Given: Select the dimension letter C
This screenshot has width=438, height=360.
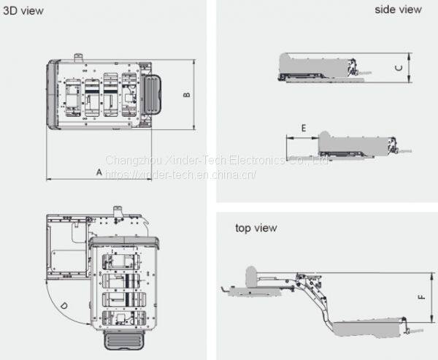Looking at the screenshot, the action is pyautogui.click(x=399, y=68).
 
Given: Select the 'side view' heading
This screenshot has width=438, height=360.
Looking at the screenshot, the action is pyautogui.click(x=398, y=9).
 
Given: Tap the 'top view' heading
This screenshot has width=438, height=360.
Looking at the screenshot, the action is pyautogui.click(x=255, y=228).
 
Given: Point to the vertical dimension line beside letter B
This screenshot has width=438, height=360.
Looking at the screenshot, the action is pyautogui.click(x=193, y=95).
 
